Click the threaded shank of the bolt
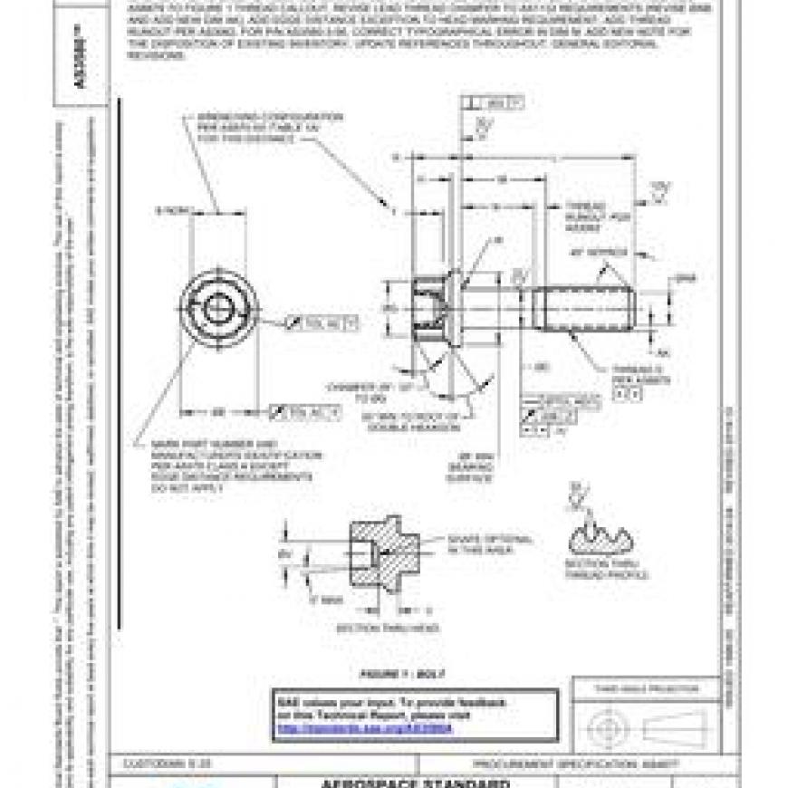(580, 307)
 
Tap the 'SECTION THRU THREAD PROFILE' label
(606, 569)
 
